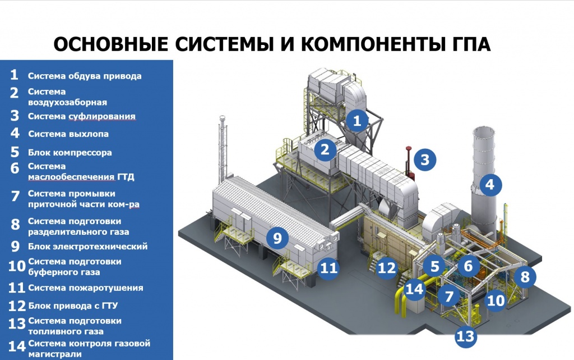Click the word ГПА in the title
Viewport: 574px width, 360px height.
click(469, 44)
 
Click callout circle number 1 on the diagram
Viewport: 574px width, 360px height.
click(357, 120)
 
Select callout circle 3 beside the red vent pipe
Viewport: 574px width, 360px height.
click(425, 160)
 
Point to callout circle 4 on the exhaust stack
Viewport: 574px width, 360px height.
click(490, 184)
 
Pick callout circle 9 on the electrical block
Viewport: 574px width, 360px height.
click(277, 238)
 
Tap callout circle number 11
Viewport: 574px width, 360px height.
click(328, 268)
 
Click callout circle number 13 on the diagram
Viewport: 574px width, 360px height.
click(466, 336)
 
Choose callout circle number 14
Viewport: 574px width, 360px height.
click(414, 289)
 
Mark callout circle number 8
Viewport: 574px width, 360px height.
click(525, 277)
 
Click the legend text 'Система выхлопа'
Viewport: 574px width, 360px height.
click(68, 134)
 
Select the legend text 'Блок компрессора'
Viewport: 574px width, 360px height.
click(70, 153)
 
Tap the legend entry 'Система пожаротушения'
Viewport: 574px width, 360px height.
click(86, 288)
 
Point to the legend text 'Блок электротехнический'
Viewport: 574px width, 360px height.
click(88, 247)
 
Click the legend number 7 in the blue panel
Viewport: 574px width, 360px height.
click(15, 196)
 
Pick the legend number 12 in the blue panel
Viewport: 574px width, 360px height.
click(17, 306)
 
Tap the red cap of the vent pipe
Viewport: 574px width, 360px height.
click(408, 148)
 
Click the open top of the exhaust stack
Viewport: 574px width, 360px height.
click(484, 131)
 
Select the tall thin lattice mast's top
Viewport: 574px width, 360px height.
click(221, 118)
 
